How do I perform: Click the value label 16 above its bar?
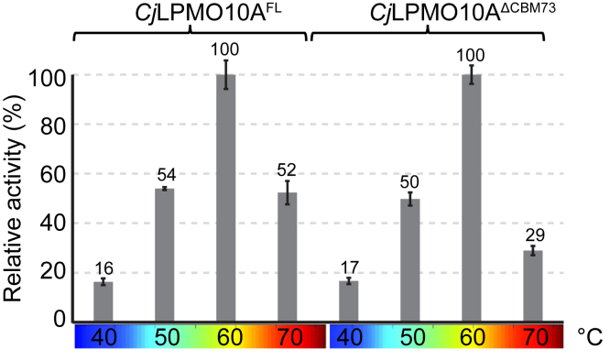(x=103, y=268)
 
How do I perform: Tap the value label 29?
(x=533, y=235)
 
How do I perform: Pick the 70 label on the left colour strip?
(x=287, y=338)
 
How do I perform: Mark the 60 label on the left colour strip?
(x=225, y=338)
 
